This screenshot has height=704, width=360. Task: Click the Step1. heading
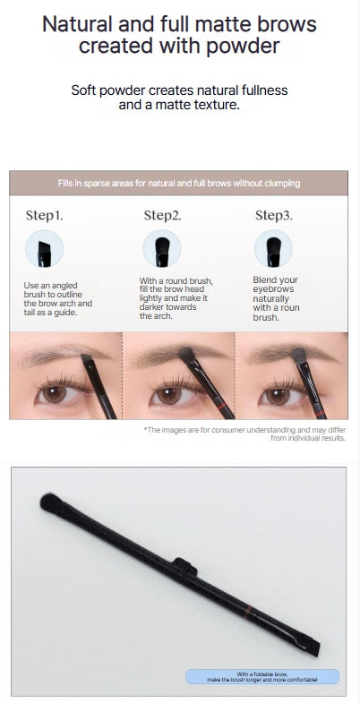coord(44,215)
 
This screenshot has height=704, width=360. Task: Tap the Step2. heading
coord(162,215)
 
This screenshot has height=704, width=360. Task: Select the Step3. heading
coord(274,215)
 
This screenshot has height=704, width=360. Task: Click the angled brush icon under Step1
coord(44,250)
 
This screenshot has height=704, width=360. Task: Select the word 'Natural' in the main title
coord(79,23)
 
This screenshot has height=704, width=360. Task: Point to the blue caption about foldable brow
coord(262,677)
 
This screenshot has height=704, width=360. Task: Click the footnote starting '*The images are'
coord(244,434)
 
